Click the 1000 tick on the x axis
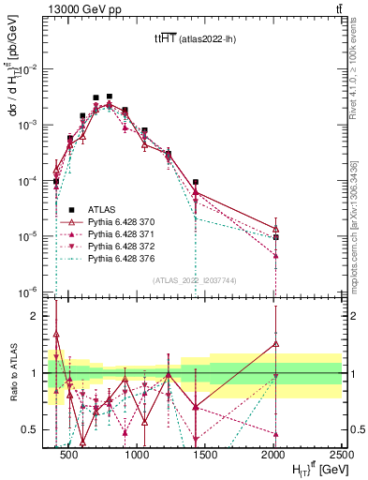(139, 454)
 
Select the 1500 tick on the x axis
(206, 454)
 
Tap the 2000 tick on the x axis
(274, 454)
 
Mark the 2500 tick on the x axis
(341, 454)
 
